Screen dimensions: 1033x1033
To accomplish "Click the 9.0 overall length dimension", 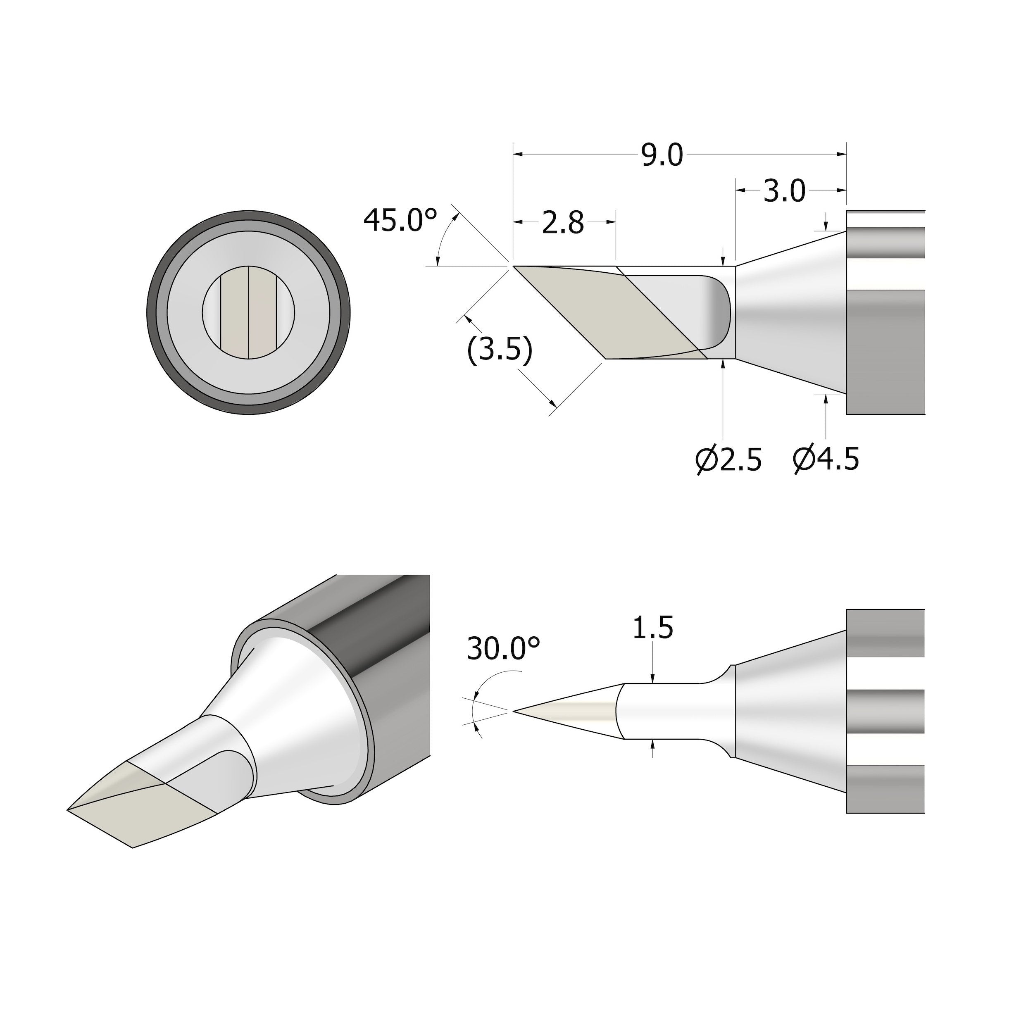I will (x=662, y=156).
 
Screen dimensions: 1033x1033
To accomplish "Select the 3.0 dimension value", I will (x=783, y=191).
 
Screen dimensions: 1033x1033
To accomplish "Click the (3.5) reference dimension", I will (x=500, y=351).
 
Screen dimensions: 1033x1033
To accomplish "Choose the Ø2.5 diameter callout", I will (x=728, y=460).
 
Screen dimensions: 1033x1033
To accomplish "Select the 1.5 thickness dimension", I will (x=652, y=628).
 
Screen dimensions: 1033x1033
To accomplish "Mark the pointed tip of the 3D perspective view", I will (x=69, y=810).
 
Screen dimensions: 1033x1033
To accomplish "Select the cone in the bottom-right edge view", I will (x=791, y=711).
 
